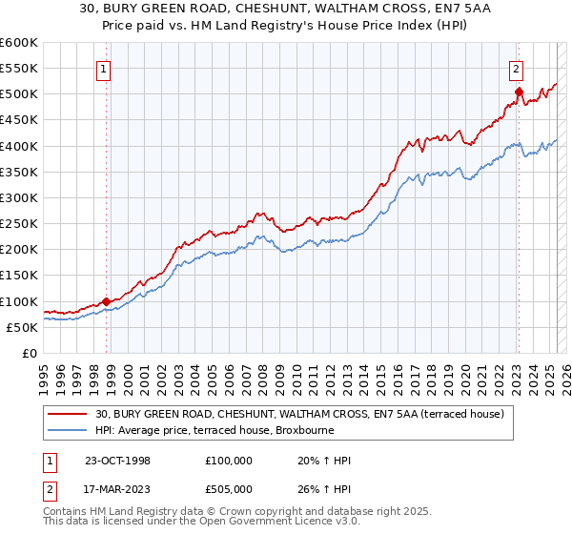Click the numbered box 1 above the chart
click(102, 68)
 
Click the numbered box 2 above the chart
click(516, 68)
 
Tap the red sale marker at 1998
click(106, 301)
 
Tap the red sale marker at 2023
click(519, 92)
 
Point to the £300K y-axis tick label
click(19, 197)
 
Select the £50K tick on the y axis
click(22, 327)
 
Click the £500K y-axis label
click(19, 93)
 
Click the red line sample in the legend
click(69, 413)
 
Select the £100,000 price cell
click(229, 461)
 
